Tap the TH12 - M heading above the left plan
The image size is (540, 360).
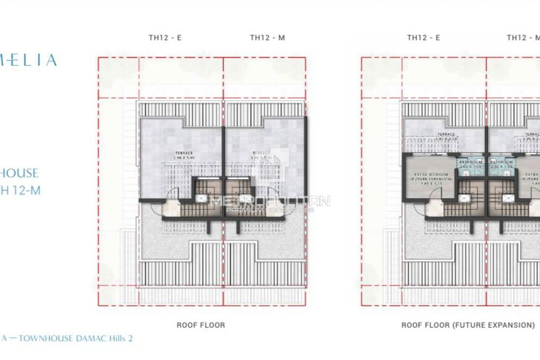pos(267,38)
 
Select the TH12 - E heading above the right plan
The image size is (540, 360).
pos(424,38)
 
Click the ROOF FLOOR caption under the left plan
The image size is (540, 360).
pos(201,325)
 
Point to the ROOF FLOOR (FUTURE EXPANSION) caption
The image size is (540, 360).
pos(468,325)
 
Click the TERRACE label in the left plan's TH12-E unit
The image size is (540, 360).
pos(184,153)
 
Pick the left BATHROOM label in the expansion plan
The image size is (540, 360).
pos(468,162)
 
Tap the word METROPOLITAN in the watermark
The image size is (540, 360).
pos(270,201)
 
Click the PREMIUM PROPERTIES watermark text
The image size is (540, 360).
pos(270,210)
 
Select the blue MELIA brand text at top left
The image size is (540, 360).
pos(32,60)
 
